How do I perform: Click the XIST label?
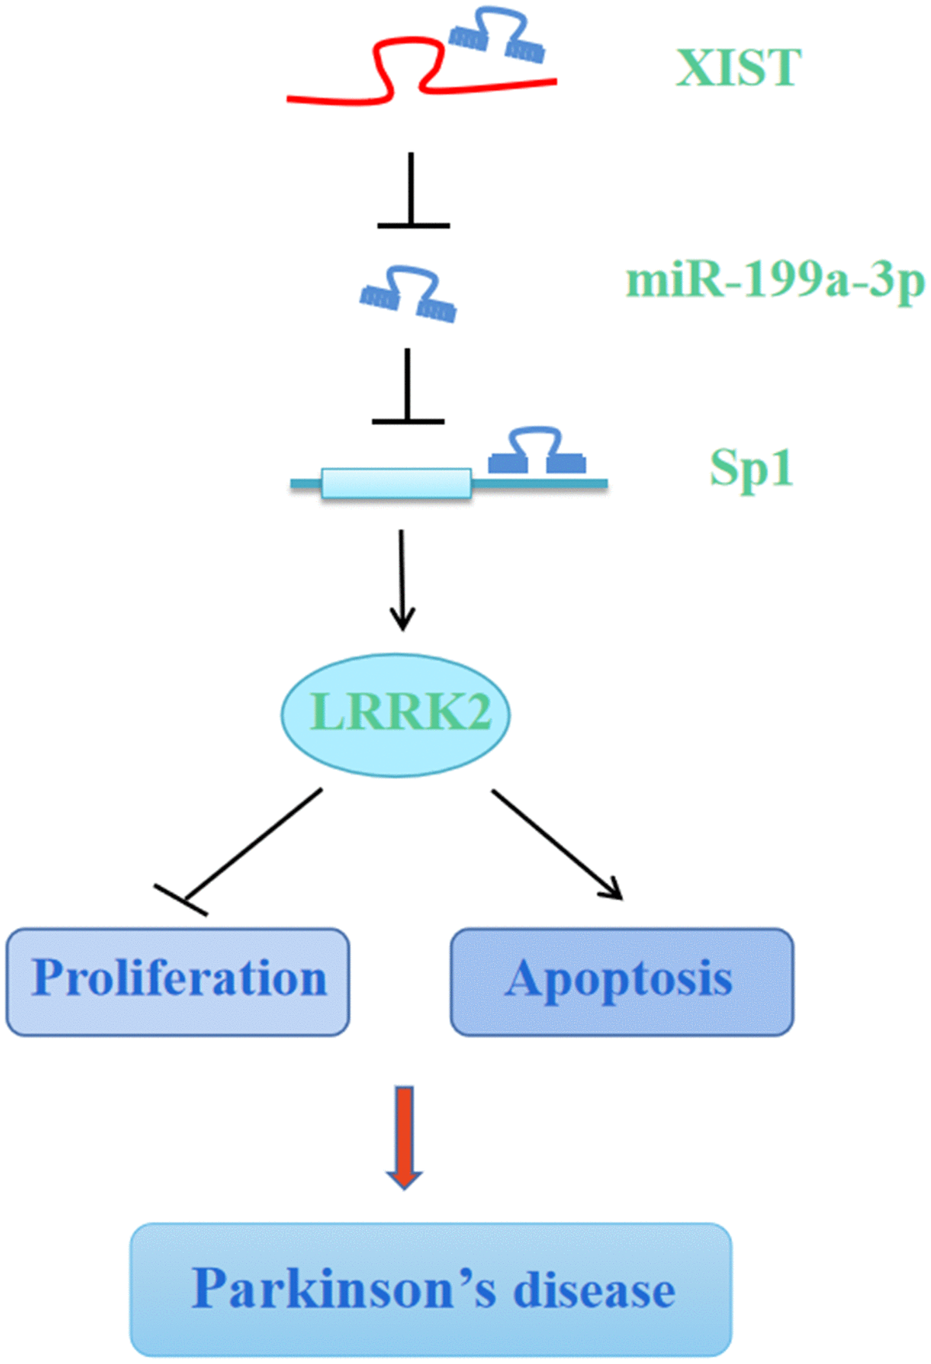pyautogui.click(x=738, y=68)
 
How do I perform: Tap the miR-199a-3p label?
pyautogui.click(x=774, y=281)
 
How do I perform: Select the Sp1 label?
pyautogui.click(x=751, y=469)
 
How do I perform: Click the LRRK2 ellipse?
pyautogui.click(x=396, y=714)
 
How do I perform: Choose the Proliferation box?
pyautogui.click(x=178, y=981)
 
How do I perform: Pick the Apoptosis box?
pyautogui.click(x=621, y=981)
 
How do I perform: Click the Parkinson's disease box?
pyautogui.click(x=431, y=1288)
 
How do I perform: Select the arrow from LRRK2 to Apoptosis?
pyautogui.click(x=556, y=844)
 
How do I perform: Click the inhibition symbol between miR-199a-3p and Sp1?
pyautogui.click(x=407, y=388)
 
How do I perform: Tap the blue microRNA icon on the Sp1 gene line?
pyautogui.click(x=536, y=452)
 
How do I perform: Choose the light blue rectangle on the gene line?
pyautogui.click(x=396, y=483)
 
